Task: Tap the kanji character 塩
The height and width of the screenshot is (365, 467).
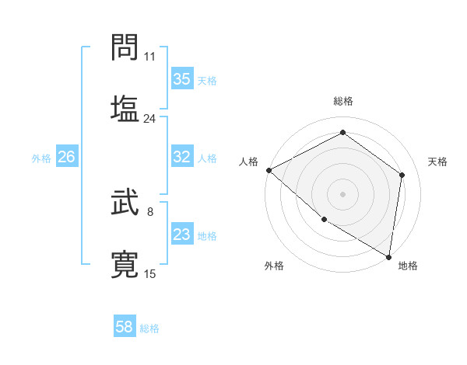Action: pos(125,108)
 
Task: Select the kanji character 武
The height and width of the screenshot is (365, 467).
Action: pos(125,203)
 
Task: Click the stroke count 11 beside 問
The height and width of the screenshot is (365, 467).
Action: pos(150,57)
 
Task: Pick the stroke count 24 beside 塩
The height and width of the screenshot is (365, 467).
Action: pos(150,119)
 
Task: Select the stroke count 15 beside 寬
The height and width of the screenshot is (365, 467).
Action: pos(150,274)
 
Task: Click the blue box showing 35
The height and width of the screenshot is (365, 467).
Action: pos(181,79)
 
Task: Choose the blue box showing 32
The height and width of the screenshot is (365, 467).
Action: pos(181,157)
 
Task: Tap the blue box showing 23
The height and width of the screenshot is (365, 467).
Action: pos(181,235)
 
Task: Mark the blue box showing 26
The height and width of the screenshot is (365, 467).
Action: pos(66,157)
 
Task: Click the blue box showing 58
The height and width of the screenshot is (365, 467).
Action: pos(125,327)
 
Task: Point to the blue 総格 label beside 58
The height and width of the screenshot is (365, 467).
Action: pos(149,328)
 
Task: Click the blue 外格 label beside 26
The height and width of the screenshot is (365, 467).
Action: pos(41,158)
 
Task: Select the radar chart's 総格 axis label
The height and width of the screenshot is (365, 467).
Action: pos(343,101)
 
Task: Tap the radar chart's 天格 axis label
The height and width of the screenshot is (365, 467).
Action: pos(437,162)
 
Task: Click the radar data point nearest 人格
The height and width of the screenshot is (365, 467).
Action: pos(269,170)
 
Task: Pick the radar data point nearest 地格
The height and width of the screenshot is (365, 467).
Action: pos(389,256)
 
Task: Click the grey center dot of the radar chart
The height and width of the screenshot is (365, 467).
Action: pos(342,193)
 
